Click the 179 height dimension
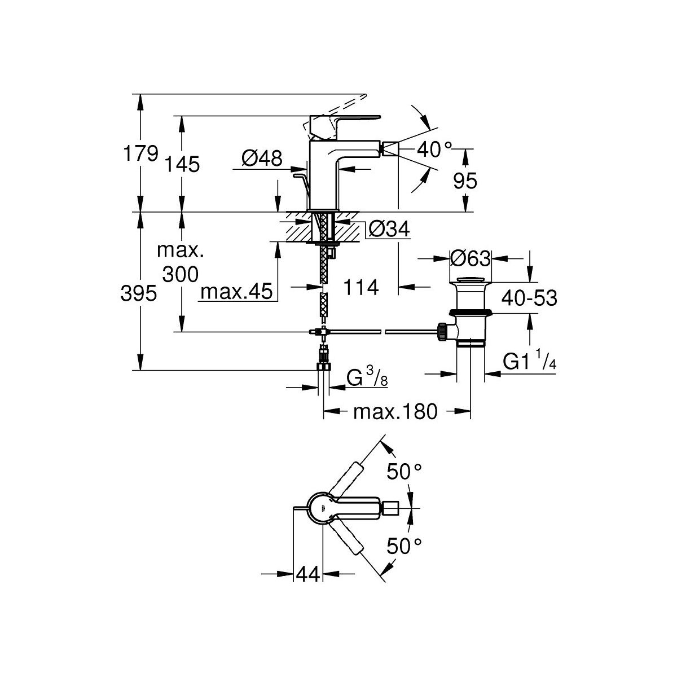click(140, 153)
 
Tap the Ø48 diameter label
click(262, 159)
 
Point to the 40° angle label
click(435, 150)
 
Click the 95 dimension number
click(465, 181)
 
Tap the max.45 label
click(237, 292)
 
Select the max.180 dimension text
click(395, 412)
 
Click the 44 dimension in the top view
click(307, 574)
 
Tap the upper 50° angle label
click(404, 472)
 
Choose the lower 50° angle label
click(404, 546)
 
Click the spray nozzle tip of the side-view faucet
click(389, 150)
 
